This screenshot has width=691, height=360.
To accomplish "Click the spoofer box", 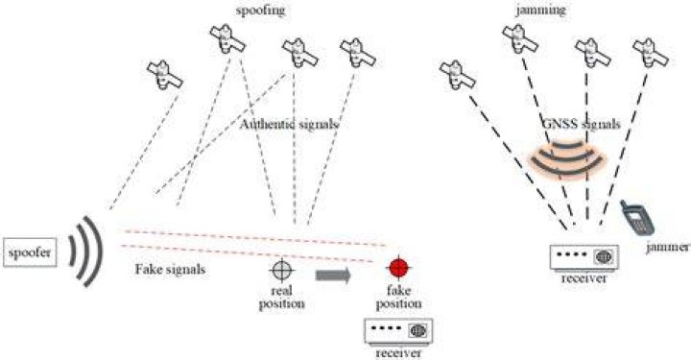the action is click(30, 252).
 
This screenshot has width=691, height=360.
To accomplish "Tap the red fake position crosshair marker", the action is click(399, 268).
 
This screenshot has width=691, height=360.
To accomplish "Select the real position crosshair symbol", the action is click(281, 271).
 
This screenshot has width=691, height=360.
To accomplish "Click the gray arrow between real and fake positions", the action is click(333, 276).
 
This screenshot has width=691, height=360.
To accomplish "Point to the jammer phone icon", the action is click(637, 218).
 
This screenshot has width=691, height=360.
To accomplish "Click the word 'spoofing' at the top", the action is click(260, 10).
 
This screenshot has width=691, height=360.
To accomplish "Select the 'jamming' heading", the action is click(541, 10).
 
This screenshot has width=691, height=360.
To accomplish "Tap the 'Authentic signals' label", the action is click(290, 124).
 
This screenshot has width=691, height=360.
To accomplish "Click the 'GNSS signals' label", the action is click(582, 124).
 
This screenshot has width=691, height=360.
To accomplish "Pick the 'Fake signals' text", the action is click(170, 269).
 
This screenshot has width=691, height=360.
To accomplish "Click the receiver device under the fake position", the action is click(398, 331).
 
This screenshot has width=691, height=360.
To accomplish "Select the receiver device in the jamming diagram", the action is click(584, 257).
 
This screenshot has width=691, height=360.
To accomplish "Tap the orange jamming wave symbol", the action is click(568, 157).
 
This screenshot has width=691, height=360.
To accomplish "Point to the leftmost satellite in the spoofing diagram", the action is click(165, 75).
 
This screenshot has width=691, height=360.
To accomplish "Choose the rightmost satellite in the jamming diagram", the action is click(651, 53).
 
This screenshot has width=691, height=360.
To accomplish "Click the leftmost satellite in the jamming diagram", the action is click(458, 75).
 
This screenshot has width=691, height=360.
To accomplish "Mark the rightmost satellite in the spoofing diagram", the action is click(358, 53).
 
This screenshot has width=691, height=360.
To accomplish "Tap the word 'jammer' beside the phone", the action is click(668, 248).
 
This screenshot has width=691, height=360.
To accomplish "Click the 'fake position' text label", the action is click(399, 297).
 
